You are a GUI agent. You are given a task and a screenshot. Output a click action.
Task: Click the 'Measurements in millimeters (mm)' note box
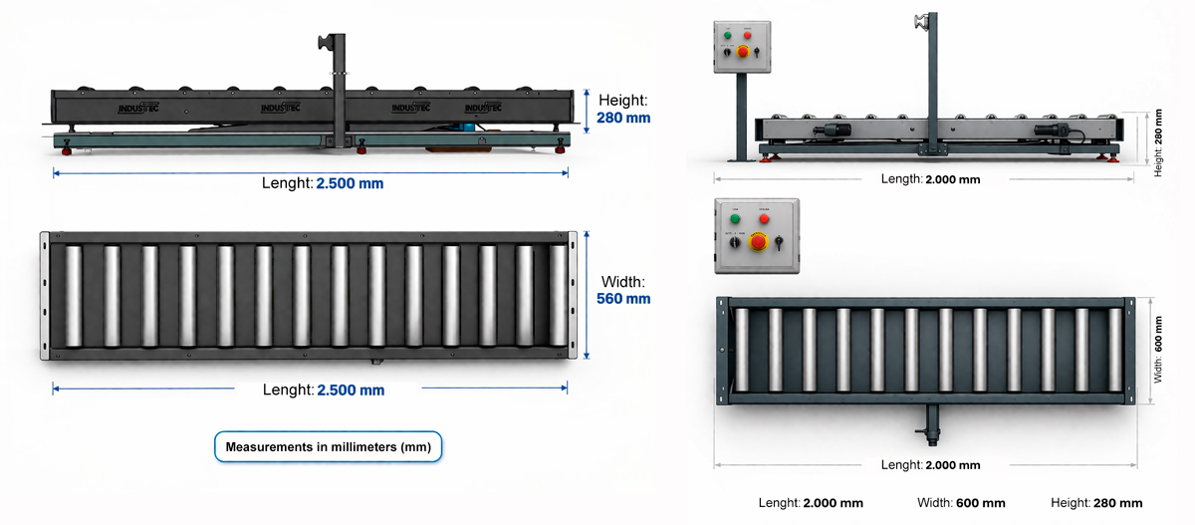click(328, 447)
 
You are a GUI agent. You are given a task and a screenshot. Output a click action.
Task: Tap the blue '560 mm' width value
click(623, 298)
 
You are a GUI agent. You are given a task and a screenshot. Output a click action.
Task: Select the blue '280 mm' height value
click(623, 118)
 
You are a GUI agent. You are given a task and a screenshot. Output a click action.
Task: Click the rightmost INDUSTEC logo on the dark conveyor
click(483, 107)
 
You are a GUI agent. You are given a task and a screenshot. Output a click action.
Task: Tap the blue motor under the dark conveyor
click(465, 126)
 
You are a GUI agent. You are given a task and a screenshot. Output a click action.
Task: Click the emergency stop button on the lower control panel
click(758, 242)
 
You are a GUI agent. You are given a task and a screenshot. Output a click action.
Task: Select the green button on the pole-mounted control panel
click(728, 35)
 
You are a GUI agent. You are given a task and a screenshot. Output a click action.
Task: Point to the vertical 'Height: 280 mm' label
click(1158, 142)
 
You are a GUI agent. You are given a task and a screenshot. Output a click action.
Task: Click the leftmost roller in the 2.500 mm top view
click(72, 296)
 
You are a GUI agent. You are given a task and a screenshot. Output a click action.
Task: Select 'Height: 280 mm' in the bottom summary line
click(1096, 503)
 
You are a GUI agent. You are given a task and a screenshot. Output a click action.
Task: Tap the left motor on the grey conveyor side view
click(830, 131)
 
